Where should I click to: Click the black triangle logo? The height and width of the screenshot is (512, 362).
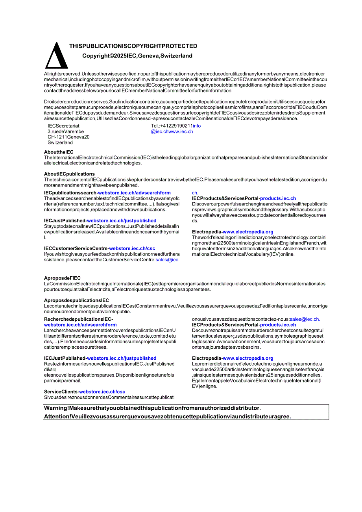(x=57, y=56)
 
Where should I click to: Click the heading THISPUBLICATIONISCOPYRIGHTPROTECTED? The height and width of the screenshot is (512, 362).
(x=133, y=46)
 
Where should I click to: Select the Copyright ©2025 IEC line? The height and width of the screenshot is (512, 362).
(x=137, y=56)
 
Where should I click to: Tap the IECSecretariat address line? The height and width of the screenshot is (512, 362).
(x=63, y=126)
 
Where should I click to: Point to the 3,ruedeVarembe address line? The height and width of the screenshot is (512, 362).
(x=65, y=131)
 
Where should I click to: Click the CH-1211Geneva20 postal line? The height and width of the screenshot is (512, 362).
(x=68, y=137)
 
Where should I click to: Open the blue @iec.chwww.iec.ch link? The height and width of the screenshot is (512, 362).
(x=172, y=131)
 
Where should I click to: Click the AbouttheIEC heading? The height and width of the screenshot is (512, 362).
(x=59, y=152)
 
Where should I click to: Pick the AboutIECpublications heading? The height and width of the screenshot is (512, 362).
(x=69, y=174)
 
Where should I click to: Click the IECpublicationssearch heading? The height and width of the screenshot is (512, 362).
(x=70, y=193)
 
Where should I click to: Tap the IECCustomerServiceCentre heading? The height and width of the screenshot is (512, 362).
(x=76, y=248)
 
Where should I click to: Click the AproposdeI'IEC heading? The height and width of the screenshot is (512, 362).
(x=62, y=278)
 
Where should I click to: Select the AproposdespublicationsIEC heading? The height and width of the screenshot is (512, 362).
(x=76, y=300)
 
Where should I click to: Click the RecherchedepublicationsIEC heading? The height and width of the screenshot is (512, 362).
(x=78, y=319)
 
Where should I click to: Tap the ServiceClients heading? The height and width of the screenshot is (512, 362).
(x=61, y=392)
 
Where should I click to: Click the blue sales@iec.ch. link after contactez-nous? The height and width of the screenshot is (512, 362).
(x=305, y=319)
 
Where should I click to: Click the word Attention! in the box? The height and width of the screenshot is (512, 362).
(x=57, y=416)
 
